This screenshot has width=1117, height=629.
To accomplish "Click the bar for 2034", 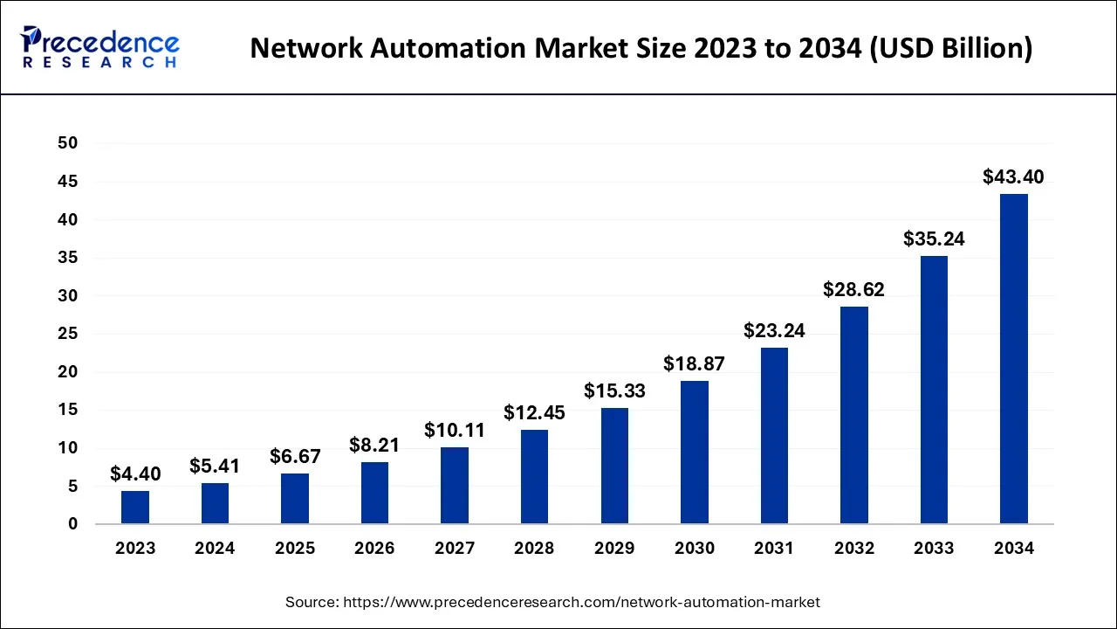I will [x=1013, y=359].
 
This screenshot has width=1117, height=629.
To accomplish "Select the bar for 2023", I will [x=135, y=508].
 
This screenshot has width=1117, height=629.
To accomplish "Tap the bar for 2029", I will [x=613, y=466].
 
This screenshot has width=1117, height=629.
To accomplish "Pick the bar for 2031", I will [x=774, y=436].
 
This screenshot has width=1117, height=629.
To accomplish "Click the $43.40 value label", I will [x=1013, y=177].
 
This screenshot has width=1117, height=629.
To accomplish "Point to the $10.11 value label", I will [x=455, y=431].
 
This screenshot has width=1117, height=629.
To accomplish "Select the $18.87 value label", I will [x=694, y=364].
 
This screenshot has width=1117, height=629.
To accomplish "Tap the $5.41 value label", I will [x=215, y=467].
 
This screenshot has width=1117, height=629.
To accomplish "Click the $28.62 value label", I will [x=853, y=290].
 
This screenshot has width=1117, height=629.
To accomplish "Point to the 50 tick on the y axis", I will [x=67, y=143].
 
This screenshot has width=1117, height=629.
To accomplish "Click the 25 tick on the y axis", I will [x=67, y=334].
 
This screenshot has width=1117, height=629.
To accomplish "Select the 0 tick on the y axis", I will [x=72, y=524].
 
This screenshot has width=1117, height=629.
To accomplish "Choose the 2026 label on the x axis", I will [x=374, y=549].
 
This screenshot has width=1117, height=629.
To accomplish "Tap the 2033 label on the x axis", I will [x=934, y=549].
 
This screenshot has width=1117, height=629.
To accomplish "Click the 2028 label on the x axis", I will [x=534, y=549].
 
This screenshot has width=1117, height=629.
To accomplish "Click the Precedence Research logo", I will [x=100, y=47].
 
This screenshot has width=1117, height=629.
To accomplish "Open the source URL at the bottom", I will [x=552, y=602].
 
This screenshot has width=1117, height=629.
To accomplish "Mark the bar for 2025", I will [x=295, y=499].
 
